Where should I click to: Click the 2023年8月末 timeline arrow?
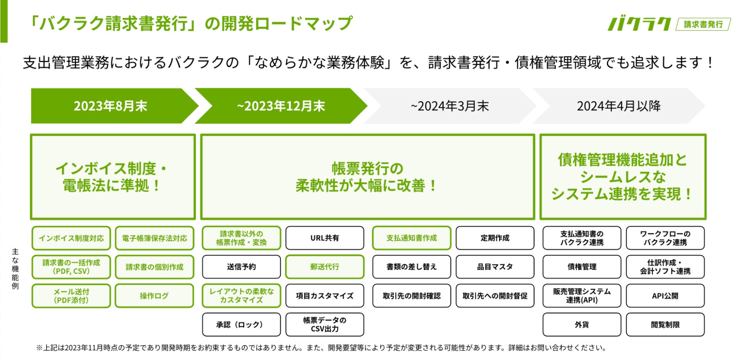coord(111,106)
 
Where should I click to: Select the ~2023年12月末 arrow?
coord(281,106)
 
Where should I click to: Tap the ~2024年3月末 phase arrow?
coord(449,106)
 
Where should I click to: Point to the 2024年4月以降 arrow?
coord(618,106)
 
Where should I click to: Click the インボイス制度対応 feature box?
coord(71,238)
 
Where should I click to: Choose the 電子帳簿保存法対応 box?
coord(155,238)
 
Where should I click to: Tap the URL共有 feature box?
coord(325,238)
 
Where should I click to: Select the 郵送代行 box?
coord(325,267)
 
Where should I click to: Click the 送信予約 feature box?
coord(241,267)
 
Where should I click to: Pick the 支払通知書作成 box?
coord(411,238)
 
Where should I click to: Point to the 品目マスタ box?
coord(495,267)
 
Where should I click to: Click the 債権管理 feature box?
coord(582,267)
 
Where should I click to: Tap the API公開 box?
coord(665,296)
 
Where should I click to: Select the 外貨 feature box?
coord(582,325)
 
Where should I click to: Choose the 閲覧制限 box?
coord(665,325)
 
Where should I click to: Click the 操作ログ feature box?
coord(155,296)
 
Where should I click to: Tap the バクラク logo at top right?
coord(639,24)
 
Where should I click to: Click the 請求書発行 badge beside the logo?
coord(703,24)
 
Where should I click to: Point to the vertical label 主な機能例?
coord(15,268)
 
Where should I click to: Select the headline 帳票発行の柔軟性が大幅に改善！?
coord(367,177)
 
